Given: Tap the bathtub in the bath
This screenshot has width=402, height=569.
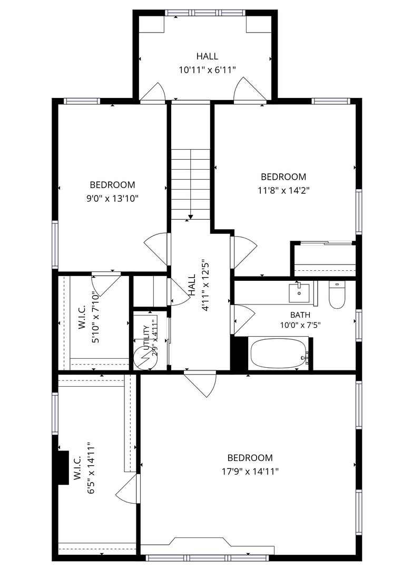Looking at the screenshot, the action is [279, 353].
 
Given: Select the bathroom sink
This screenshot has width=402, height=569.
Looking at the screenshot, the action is [299, 293].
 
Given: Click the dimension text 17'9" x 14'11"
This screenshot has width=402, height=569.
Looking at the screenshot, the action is [250, 472].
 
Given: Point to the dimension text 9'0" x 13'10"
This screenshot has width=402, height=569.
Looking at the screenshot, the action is [112, 199].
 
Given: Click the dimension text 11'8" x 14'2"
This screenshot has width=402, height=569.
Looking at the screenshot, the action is [284, 190].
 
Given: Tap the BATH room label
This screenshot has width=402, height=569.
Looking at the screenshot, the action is [300, 315].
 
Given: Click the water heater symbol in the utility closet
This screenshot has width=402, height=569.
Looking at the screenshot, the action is [143, 358].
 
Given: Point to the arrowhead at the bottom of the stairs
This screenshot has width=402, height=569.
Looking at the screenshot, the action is [191, 218].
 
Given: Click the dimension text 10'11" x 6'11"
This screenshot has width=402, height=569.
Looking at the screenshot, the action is [208, 70].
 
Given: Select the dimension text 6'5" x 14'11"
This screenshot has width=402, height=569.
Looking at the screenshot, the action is [91, 468].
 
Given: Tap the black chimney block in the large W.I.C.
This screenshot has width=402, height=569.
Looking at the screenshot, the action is [64, 467].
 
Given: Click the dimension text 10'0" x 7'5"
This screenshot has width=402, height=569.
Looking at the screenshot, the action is [300, 325].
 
